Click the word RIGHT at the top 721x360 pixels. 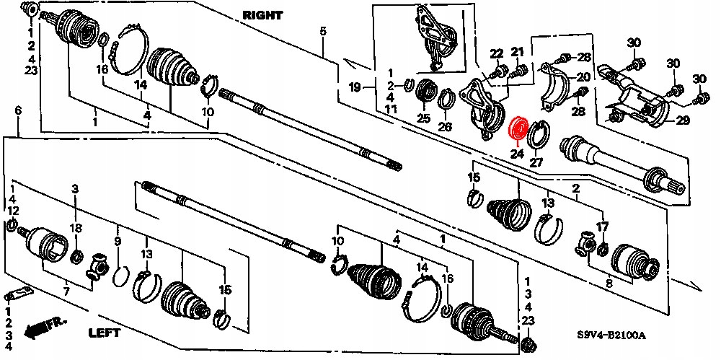click(264, 14)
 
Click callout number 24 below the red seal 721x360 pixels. click(516, 152)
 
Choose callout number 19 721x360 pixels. click(354, 87)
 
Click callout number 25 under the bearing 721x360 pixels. click(423, 118)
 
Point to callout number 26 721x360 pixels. click(445, 127)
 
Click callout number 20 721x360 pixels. click(583, 77)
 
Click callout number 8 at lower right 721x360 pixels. click(609, 285)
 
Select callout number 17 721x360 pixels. click(603, 226)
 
